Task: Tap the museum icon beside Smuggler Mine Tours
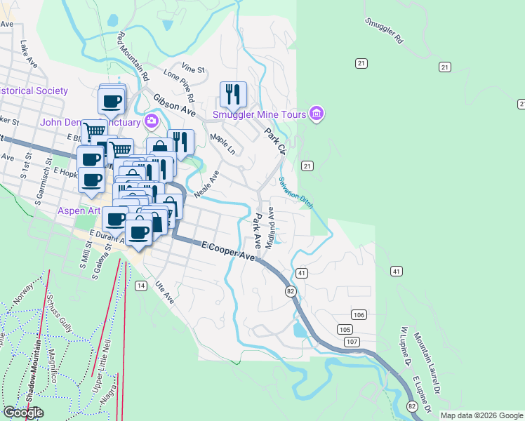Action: (x=316, y=114)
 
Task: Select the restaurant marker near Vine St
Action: (x=233, y=94)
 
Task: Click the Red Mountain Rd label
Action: (x=133, y=55)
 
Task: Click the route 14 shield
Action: (x=141, y=286)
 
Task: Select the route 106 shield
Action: (x=359, y=315)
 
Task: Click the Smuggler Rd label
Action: (x=385, y=30)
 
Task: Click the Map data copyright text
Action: (x=481, y=415)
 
